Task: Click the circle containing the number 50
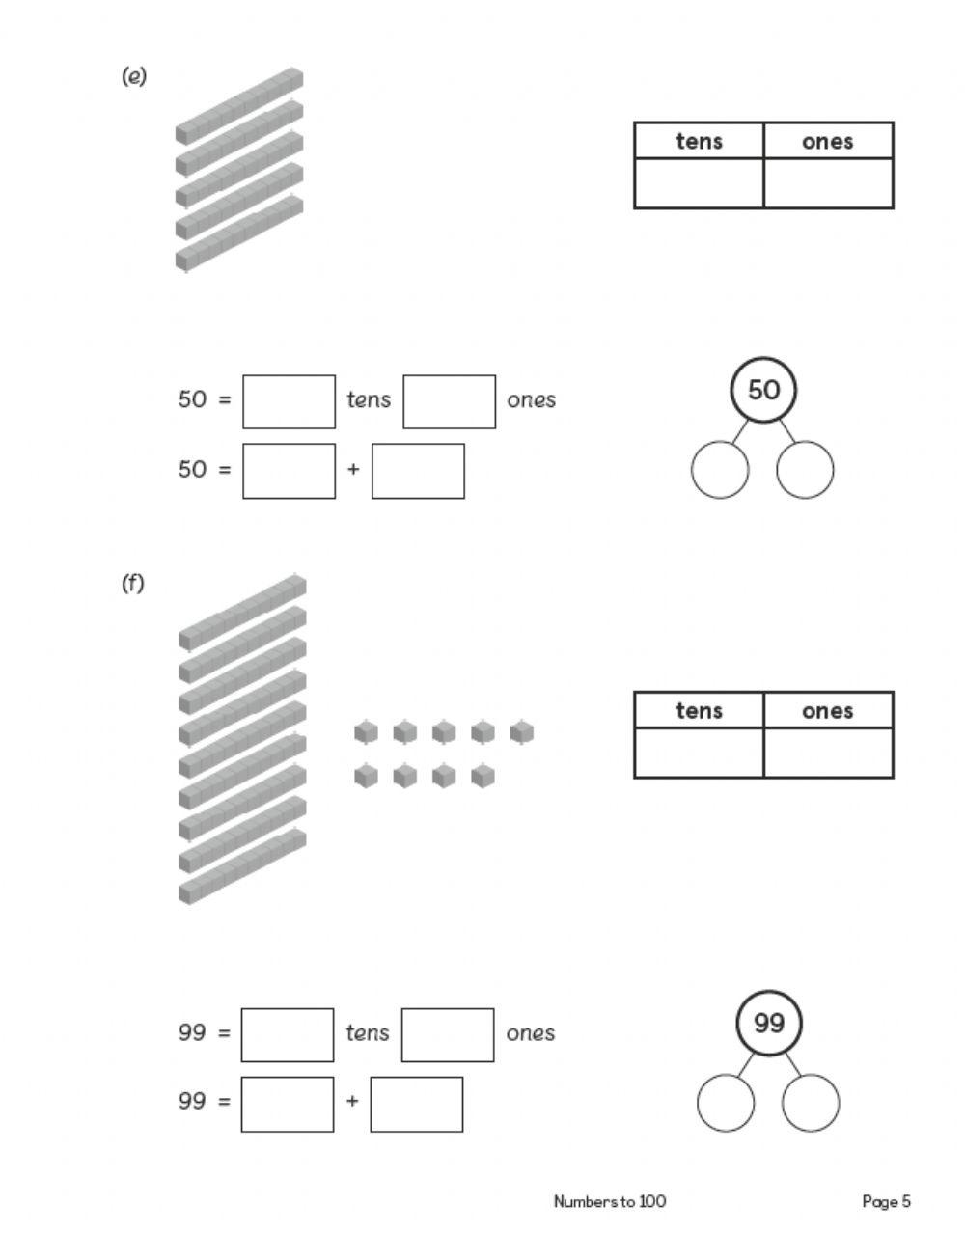[x=762, y=390]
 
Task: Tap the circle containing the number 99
[x=768, y=1023]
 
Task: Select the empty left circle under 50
[x=720, y=470]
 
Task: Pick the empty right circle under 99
[x=811, y=1103]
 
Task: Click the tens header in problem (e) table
[x=699, y=141]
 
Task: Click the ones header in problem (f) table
[x=827, y=711]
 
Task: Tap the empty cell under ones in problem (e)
[x=827, y=183]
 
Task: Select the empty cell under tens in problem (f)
[x=699, y=753]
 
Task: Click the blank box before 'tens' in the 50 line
[x=289, y=401]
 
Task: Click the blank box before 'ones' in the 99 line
[x=448, y=1034]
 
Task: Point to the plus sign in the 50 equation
[x=353, y=470]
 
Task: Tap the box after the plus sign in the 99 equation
[x=416, y=1104]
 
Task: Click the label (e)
[x=133, y=77]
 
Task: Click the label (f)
[x=132, y=584]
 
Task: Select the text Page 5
[x=885, y=1201]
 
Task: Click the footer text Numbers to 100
[x=609, y=1201]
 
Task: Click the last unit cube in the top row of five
[x=521, y=732]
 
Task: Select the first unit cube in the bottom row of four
[x=366, y=775]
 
